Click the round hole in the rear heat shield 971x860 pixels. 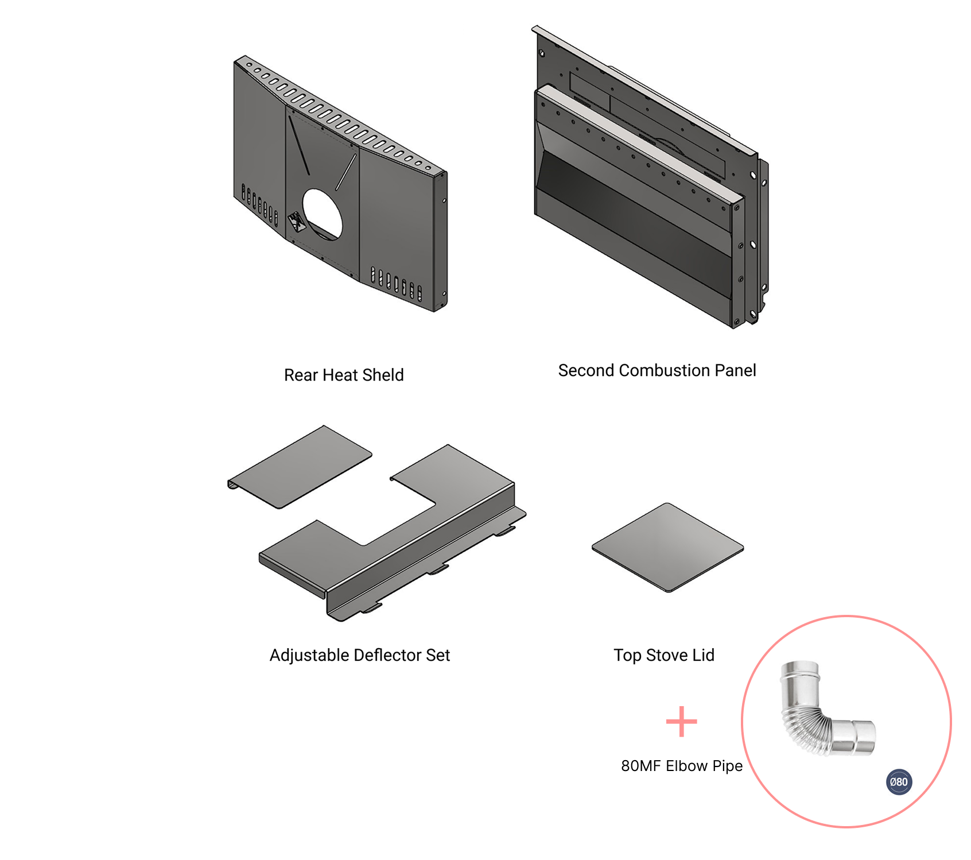pos(322,214)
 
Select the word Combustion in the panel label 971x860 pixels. pos(665,370)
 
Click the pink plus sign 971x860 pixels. pos(681,722)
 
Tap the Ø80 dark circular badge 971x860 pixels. pos(899,782)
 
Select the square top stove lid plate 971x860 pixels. pos(667,547)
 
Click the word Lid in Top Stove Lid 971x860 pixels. pos(703,655)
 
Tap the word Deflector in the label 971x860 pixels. pos(387,655)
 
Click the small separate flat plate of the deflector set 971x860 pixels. pos(300,467)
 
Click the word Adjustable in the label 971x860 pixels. pos(309,656)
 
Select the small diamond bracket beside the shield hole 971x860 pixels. pos(297,222)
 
